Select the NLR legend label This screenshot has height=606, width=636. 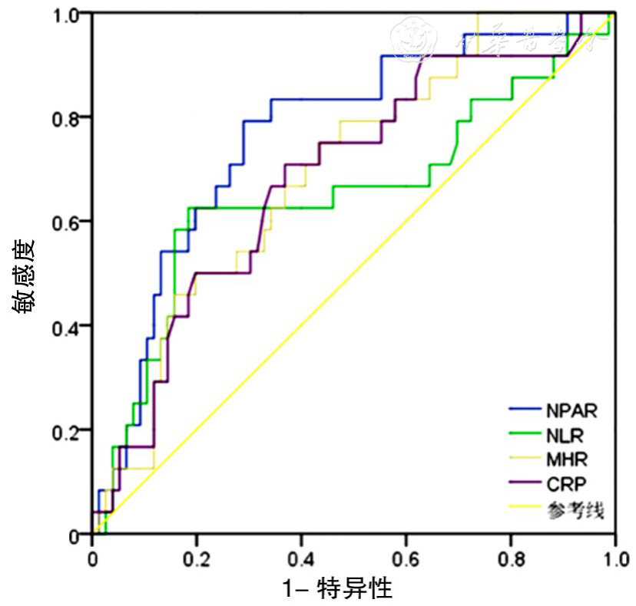[x=565, y=436]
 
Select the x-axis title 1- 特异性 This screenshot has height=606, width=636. [x=338, y=589]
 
